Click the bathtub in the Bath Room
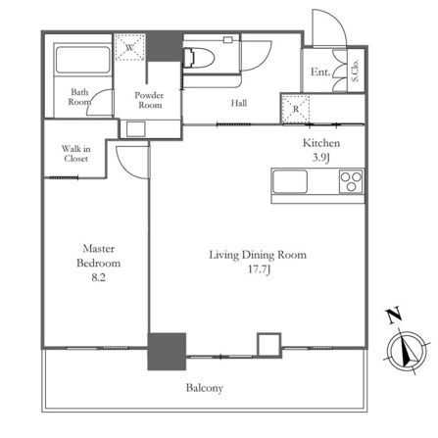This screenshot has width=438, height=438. [82, 60]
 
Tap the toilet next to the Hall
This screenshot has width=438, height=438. [199, 58]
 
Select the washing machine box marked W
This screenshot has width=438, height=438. [129, 47]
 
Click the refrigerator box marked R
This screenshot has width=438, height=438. [295, 110]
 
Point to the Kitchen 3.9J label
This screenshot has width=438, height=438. [321, 150]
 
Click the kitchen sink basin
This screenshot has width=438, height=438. [290, 181]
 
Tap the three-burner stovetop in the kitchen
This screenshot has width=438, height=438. [351, 181]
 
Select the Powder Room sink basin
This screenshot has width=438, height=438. [136, 129]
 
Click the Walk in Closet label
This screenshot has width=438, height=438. [75, 154]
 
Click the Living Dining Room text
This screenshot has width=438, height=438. [258, 255]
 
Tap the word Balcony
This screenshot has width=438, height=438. [205, 388]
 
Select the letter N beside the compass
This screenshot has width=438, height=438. [395, 315]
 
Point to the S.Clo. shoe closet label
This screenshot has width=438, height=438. [356, 71]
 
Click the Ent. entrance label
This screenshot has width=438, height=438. [320, 72]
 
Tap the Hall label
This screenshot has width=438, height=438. [239, 103]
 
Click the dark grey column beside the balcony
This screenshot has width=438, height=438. [167, 352]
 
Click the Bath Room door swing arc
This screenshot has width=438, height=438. [95, 98]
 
